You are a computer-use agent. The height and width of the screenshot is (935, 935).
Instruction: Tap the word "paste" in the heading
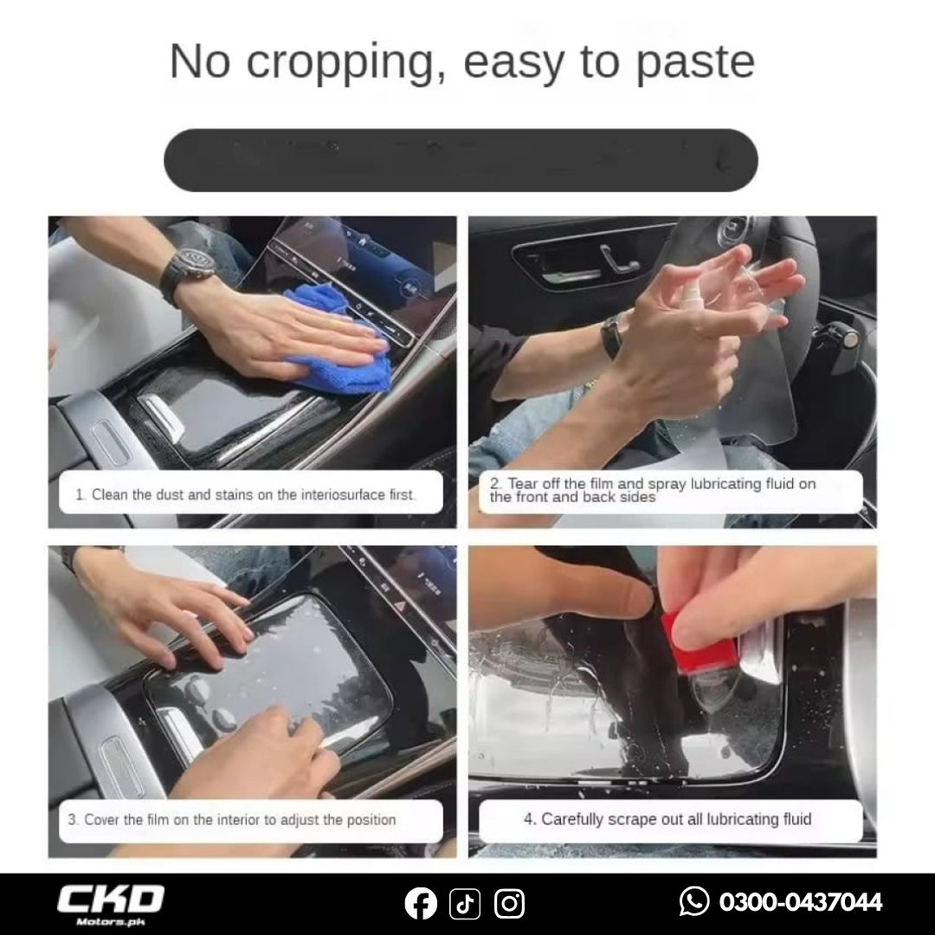(x=695, y=62)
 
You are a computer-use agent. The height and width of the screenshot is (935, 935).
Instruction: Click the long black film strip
(x=461, y=160)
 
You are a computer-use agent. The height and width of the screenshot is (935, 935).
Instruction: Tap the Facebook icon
(x=421, y=903)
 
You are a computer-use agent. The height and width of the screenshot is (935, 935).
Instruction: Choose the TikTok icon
(x=465, y=903)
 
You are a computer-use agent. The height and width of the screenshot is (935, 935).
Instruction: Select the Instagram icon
(x=509, y=903)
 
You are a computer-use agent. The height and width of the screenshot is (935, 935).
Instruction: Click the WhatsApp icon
(x=694, y=901)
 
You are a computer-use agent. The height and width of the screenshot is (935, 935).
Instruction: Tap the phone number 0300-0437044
(x=800, y=901)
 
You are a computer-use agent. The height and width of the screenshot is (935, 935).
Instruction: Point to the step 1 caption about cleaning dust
(x=246, y=495)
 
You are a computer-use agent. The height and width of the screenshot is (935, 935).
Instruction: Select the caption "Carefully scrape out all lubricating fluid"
(x=667, y=819)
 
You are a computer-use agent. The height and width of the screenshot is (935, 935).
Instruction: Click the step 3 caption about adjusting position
(x=231, y=820)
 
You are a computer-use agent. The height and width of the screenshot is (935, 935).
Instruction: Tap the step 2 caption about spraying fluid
(x=653, y=490)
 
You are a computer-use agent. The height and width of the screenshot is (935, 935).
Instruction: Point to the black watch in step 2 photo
(x=611, y=335)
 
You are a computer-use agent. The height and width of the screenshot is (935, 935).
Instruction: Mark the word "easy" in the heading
(x=513, y=63)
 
